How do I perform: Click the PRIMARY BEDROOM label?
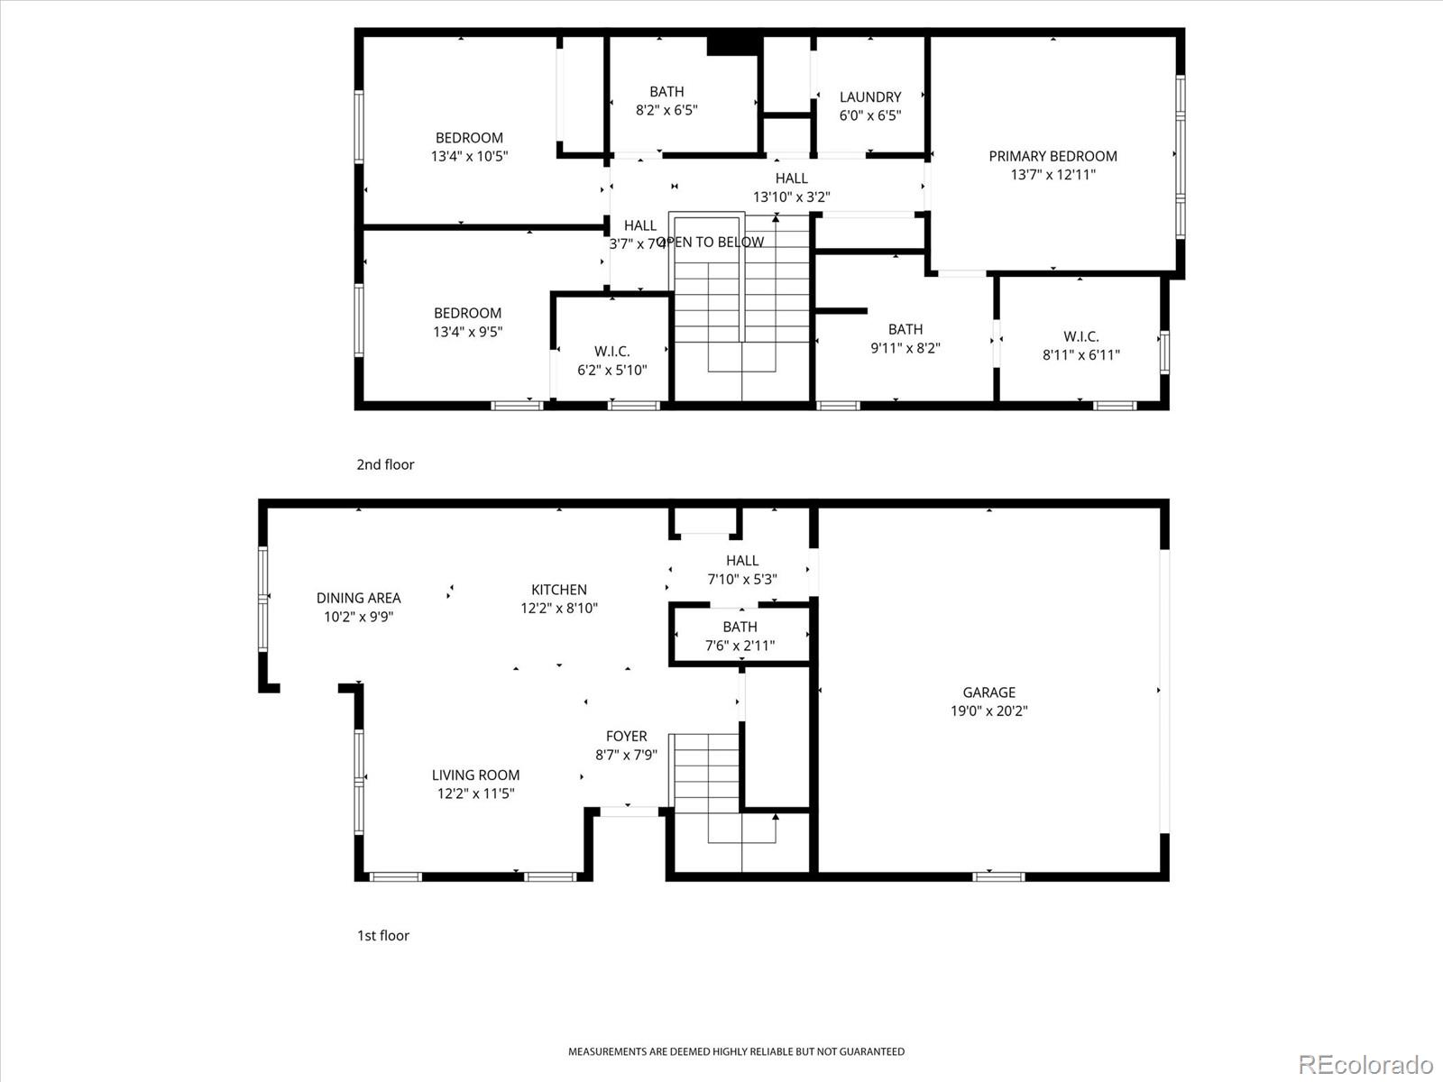[1052, 156]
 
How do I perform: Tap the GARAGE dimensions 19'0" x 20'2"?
[988, 711]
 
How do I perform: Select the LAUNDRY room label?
[869, 96]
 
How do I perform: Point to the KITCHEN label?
[558, 590]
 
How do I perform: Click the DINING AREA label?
[358, 598]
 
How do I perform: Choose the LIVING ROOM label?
[475, 775]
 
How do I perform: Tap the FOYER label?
[626, 736]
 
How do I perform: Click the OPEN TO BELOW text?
[712, 242]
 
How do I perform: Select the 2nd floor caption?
[385, 464]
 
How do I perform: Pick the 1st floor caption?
[382, 935]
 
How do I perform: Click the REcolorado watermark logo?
[1365, 1064]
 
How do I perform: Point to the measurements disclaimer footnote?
[736, 1051]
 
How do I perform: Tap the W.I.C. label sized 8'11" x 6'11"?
[1080, 336]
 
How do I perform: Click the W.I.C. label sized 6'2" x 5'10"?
[611, 351]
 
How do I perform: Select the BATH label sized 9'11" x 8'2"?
[905, 329]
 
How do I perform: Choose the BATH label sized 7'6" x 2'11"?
[740, 627]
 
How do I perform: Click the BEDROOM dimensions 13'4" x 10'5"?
[469, 156]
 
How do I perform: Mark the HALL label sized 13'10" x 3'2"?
[791, 179]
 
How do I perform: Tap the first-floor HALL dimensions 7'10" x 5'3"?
[741, 579]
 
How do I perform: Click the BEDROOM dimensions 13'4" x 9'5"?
[467, 332]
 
